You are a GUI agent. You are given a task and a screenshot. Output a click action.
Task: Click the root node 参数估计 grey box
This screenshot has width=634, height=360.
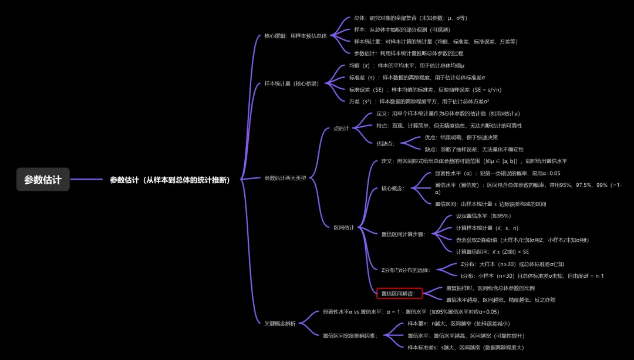click(43, 180)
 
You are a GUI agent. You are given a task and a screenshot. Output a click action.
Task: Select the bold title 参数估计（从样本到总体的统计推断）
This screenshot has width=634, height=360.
click(170, 180)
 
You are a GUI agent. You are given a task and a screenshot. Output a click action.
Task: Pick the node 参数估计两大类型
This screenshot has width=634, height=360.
click(285, 178)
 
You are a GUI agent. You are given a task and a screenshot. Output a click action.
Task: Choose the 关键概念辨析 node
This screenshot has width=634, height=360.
click(280, 323)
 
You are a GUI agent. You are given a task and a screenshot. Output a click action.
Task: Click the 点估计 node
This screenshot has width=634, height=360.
click(340, 128)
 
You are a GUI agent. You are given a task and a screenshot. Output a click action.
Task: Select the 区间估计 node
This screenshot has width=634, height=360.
click(343, 227)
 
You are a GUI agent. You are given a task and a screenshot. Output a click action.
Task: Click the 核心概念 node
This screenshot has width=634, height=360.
click(393, 189)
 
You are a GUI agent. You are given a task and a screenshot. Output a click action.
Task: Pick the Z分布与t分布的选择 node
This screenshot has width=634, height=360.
click(406, 270)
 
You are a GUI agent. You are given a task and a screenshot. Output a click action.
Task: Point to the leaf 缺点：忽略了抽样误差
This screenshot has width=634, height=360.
click(474, 149)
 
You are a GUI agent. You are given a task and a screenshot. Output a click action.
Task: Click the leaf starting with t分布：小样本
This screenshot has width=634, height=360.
click(532, 275)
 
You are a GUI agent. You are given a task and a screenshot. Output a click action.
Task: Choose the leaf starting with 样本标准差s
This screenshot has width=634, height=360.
click(466, 347)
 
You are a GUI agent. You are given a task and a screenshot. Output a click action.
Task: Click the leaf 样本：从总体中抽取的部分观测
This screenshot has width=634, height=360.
click(402, 29)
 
